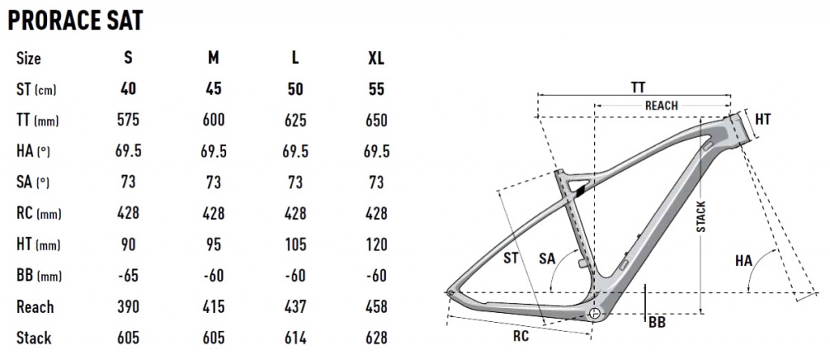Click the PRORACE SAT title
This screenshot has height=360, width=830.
tap(75, 20)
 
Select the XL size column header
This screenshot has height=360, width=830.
tap(376, 58)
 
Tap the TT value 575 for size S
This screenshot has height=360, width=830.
tap(128, 120)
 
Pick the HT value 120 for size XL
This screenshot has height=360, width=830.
tap(376, 245)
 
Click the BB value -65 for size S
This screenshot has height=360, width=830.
tap(128, 276)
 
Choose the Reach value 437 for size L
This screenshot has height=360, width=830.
tap(295, 306)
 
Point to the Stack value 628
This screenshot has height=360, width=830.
tap(376, 338)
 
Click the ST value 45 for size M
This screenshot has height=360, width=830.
tap(213, 89)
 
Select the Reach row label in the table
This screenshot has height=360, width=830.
tap(35, 307)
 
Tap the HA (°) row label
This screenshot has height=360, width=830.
tap(32, 152)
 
